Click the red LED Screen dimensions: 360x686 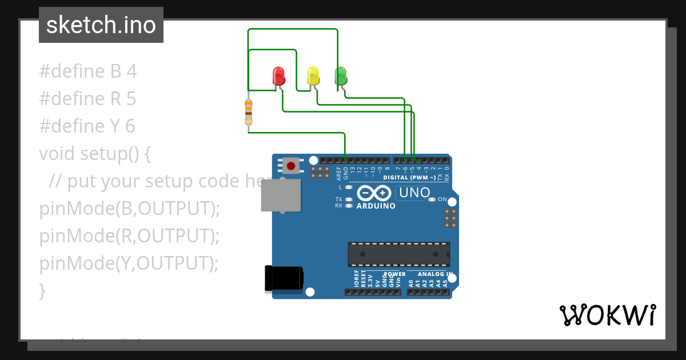coord(278,75)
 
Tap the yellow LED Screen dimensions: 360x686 coord(313,75)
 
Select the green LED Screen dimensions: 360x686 coord(340,75)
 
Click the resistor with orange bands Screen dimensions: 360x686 coord(248,111)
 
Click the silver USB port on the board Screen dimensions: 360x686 coord(280,195)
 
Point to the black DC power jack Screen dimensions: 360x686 coord(284,278)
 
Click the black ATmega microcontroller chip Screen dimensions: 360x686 coord(398,254)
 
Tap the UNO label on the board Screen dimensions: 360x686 coord(414,193)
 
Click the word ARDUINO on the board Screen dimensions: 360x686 coord(376,206)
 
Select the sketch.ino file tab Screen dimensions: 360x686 coord(101,25)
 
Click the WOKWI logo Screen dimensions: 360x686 coord(607,315)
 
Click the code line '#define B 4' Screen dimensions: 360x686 coord(88,71)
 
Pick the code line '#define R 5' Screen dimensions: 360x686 coord(87,99)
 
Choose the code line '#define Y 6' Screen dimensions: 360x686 coord(87,126)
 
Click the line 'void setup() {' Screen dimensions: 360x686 coord(95,154)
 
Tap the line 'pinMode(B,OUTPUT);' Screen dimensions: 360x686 coord(129,209)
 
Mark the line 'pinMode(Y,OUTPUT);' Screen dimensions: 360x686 coord(129,263)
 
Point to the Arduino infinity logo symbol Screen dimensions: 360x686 coord(376,193)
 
